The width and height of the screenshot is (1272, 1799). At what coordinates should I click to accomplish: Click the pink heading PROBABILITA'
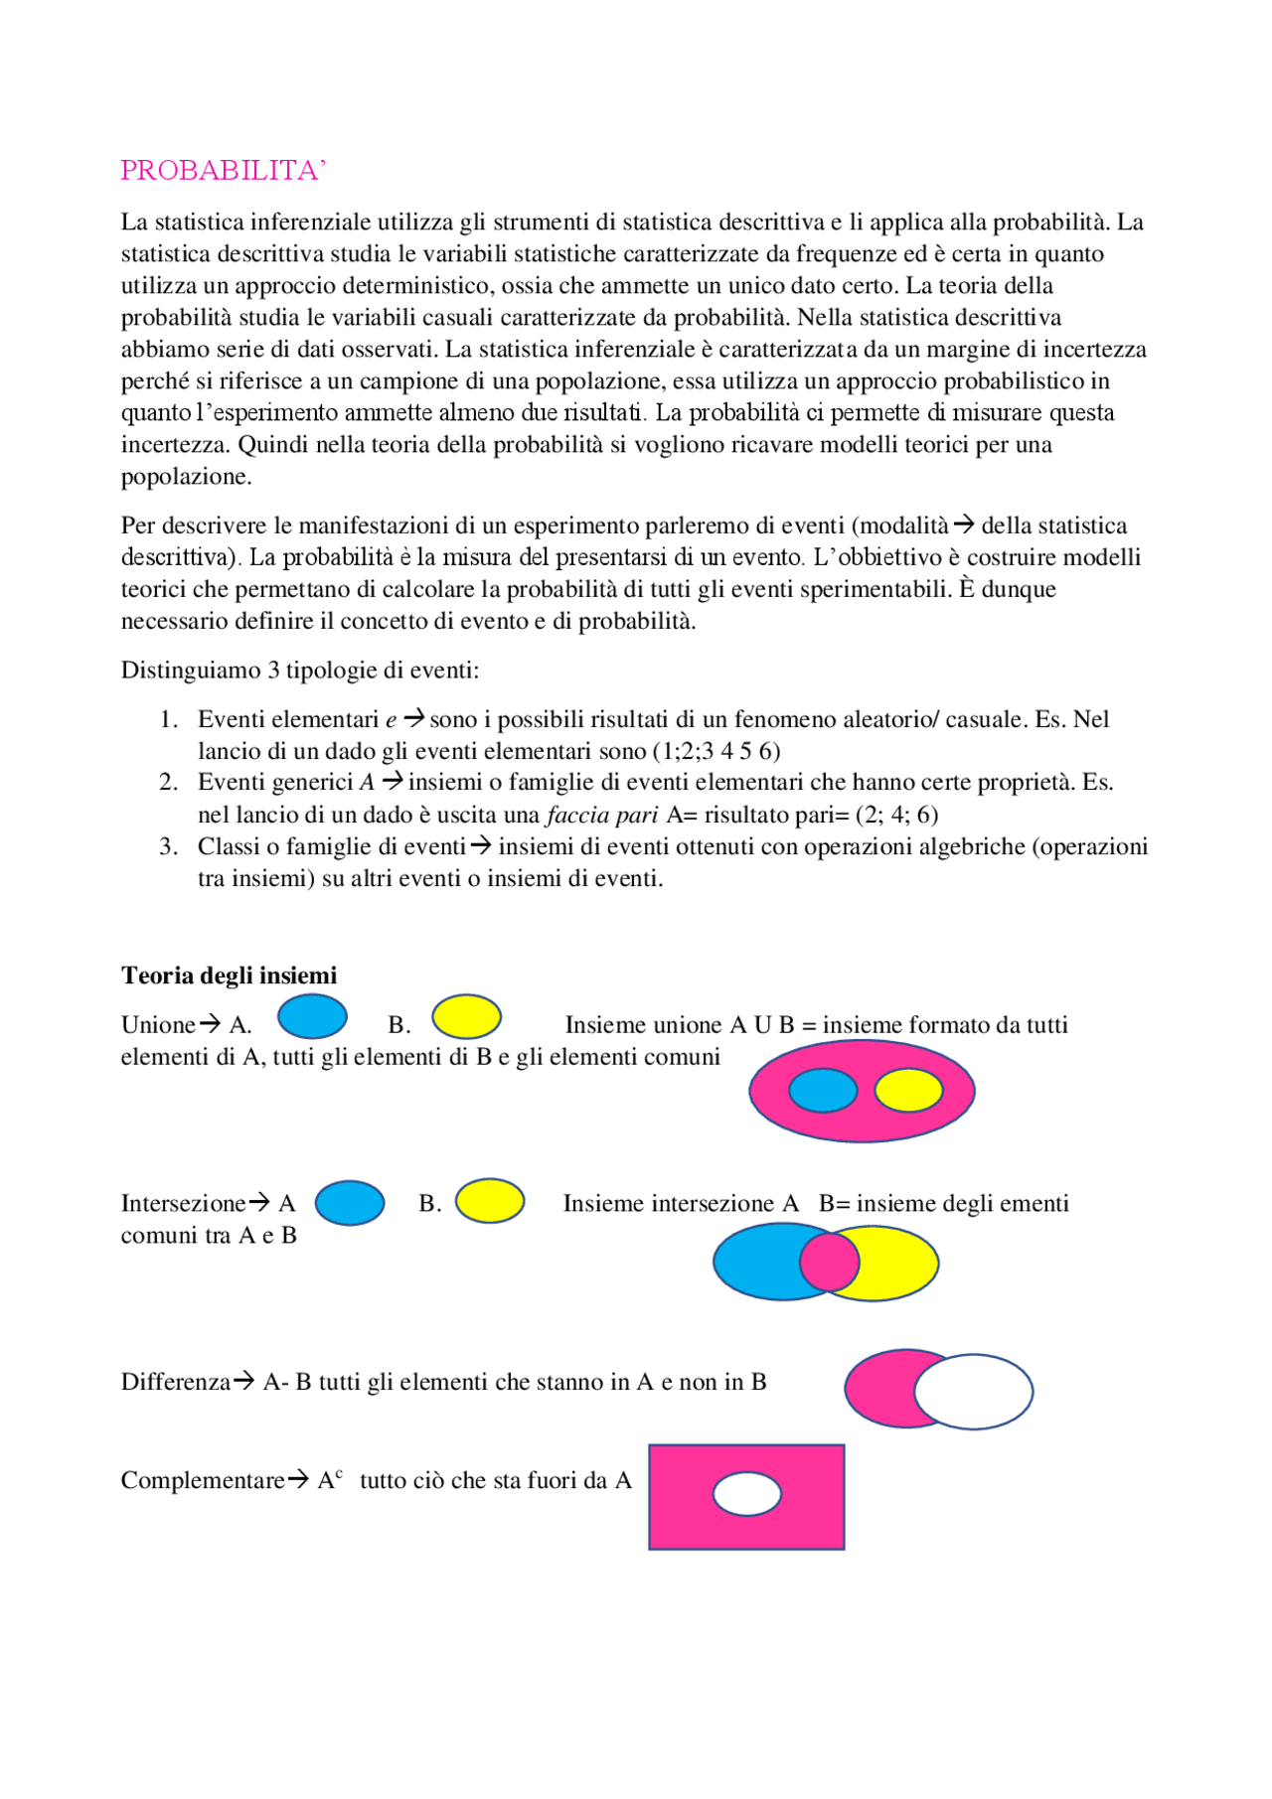pyautogui.click(x=223, y=171)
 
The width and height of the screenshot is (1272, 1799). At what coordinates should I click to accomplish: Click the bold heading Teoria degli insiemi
pyautogui.click(x=229, y=975)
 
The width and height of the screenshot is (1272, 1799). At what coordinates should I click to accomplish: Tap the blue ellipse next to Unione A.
pyautogui.click(x=312, y=1016)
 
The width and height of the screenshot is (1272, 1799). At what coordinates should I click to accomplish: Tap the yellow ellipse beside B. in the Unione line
pyautogui.click(x=466, y=1017)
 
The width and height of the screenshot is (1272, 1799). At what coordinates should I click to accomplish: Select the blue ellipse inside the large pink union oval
pyautogui.click(x=823, y=1090)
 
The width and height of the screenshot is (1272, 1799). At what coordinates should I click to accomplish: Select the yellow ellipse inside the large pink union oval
pyautogui.click(x=908, y=1090)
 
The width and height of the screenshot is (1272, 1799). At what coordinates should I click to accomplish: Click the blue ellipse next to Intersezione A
pyautogui.click(x=350, y=1203)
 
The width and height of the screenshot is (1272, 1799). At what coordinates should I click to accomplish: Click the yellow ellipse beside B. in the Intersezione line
pyautogui.click(x=490, y=1201)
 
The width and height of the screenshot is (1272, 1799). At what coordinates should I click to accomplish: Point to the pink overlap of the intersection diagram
pyautogui.click(x=829, y=1261)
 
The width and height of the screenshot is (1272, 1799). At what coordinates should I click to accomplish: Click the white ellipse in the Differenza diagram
pyautogui.click(x=974, y=1392)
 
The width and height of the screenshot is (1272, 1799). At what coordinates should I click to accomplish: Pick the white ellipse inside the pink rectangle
pyautogui.click(x=747, y=1494)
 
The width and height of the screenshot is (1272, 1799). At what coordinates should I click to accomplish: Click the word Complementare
pyautogui.click(x=203, y=1480)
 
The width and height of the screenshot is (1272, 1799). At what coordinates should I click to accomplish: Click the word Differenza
pyautogui.click(x=176, y=1382)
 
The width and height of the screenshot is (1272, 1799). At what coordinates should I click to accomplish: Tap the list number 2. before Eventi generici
pyautogui.click(x=169, y=783)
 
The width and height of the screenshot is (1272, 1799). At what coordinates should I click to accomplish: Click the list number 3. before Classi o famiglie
pyautogui.click(x=169, y=846)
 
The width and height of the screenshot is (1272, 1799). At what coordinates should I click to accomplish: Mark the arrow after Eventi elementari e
pyautogui.click(x=414, y=717)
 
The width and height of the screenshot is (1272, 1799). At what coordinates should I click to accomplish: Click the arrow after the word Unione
pyautogui.click(x=210, y=1023)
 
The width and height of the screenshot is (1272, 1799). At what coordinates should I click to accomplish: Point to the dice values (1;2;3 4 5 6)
pyautogui.click(x=716, y=752)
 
